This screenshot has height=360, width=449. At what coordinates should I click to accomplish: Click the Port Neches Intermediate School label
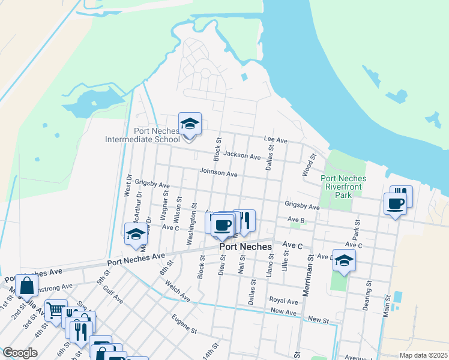point(142,135)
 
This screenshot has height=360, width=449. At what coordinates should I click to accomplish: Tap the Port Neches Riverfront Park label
point(342,187)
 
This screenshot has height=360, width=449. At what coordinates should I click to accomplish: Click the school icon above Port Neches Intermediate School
point(190,124)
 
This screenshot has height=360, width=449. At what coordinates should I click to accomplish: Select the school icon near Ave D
point(344,261)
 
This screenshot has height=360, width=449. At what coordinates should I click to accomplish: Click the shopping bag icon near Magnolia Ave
point(26,286)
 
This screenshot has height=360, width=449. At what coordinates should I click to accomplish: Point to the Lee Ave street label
point(276,140)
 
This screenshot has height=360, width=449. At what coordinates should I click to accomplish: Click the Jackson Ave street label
point(242,156)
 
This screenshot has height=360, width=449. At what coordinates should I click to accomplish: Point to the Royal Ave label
point(283,300)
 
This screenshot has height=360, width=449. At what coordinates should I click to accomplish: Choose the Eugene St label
point(184,323)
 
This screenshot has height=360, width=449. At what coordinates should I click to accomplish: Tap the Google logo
point(20,353)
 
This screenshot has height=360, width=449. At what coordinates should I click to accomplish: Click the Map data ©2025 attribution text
point(423,355)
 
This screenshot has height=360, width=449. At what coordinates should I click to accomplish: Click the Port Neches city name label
point(246,247)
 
